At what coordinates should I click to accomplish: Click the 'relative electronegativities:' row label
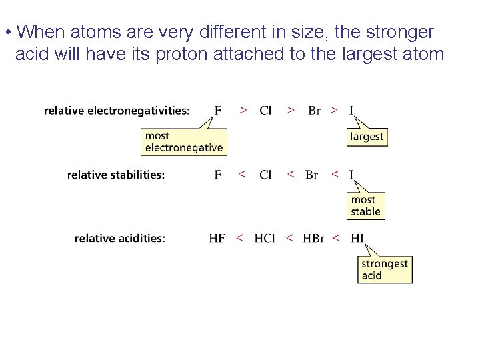click(x=117, y=111)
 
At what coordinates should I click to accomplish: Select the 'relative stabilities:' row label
click(x=116, y=175)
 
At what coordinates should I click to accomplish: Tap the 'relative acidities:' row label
click(x=120, y=238)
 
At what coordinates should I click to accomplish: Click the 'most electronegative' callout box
click(x=184, y=142)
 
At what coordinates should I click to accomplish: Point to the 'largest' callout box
click(x=367, y=137)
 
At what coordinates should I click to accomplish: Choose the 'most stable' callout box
click(x=366, y=206)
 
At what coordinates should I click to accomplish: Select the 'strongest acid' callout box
click(x=384, y=269)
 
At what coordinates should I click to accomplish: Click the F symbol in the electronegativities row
click(x=218, y=110)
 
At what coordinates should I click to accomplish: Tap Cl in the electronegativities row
click(x=265, y=110)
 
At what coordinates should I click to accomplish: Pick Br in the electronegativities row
click(x=314, y=110)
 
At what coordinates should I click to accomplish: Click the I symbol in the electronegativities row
click(x=351, y=110)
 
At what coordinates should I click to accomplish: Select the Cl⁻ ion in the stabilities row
click(x=266, y=175)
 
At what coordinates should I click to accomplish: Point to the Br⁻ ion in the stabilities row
click(x=312, y=175)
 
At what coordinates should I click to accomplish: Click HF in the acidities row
click(x=217, y=238)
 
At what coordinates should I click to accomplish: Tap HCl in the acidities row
click(x=265, y=238)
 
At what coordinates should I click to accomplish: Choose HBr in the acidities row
click(x=313, y=238)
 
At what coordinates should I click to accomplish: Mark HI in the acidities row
click(x=357, y=238)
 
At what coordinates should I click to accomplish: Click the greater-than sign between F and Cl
click(x=244, y=110)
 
